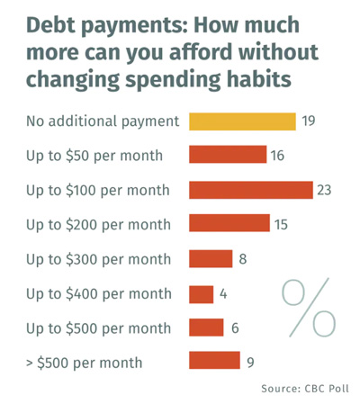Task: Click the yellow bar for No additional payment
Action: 242,121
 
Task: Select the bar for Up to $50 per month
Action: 228,155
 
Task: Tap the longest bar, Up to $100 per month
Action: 251,190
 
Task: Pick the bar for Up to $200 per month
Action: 229,223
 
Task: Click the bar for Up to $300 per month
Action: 211,258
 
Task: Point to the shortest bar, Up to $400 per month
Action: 202,294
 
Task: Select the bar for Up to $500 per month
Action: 206,328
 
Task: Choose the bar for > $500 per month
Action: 214,360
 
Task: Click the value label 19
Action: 309,121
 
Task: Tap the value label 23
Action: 324,190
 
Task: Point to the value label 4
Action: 223,294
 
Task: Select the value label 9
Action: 250,363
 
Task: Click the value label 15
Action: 281,225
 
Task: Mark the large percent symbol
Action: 309,308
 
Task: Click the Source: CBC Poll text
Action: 305,389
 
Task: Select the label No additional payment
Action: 103,122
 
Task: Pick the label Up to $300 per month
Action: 98,260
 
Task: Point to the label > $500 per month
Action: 85,364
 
